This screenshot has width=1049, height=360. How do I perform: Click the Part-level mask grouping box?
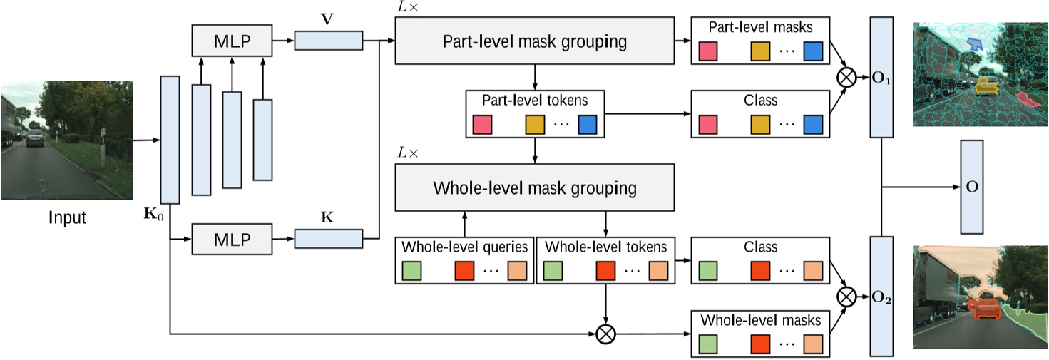point(534,41)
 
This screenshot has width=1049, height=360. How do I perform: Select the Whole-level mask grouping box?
point(534,188)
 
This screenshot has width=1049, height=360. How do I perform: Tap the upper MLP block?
point(232,41)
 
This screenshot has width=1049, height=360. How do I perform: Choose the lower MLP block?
point(232,237)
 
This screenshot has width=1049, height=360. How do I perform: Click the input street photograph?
point(66,141)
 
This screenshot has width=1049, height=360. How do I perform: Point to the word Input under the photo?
point(67,217)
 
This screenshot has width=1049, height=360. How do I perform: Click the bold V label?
point(327,18)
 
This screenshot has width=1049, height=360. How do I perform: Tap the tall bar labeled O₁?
point(882,76)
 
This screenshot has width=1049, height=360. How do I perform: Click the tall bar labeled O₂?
point(882,296)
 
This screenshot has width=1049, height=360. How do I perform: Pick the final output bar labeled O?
point(971,187)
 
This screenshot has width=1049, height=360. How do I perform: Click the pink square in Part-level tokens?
point(483,125)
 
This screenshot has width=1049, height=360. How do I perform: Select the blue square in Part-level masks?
point(813,51)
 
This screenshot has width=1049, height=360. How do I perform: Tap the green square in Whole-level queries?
point(412,272)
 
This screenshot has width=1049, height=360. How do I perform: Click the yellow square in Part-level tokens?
point(536,125)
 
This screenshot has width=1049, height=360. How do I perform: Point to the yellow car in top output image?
point(986,86)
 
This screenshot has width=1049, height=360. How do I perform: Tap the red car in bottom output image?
point(985,309)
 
